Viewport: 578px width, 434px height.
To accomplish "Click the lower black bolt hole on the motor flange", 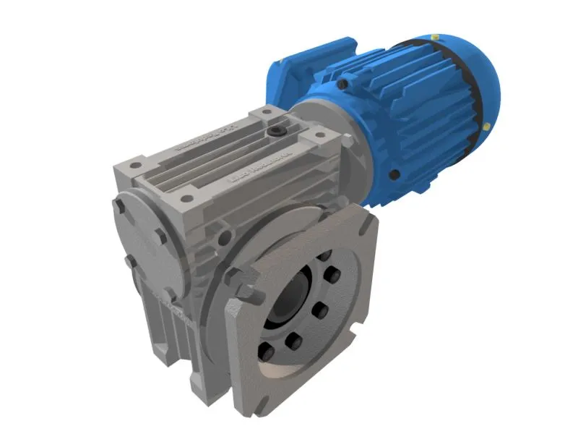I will [394, 174].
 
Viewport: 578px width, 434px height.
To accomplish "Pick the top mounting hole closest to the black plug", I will [265, 114].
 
